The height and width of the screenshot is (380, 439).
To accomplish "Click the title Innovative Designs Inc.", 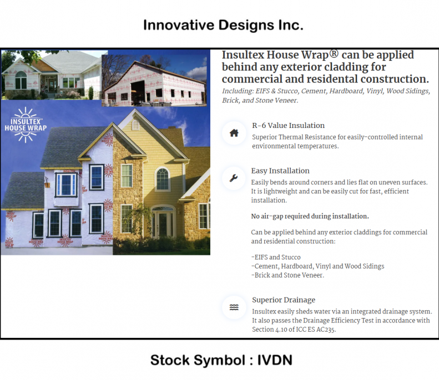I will (223, 25).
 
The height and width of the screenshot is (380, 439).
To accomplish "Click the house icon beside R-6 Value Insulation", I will (234, 133).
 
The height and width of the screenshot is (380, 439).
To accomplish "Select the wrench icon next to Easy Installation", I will (234, 178).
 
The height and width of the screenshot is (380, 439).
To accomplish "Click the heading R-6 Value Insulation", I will (288, 126).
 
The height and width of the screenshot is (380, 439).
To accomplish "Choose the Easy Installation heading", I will (280, 171).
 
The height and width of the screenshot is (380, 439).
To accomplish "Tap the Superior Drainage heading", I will (284, 300).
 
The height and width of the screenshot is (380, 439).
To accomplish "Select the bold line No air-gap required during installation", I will (310, 216).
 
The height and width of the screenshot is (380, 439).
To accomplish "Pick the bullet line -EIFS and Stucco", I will (276, 257).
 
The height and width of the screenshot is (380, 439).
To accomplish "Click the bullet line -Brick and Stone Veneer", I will (287, 275).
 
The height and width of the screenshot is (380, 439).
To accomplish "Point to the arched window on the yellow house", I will (162, 178).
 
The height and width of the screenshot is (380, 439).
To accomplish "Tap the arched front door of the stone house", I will (163, 222).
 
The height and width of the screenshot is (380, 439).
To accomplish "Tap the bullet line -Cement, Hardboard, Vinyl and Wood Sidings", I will (317, 266).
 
